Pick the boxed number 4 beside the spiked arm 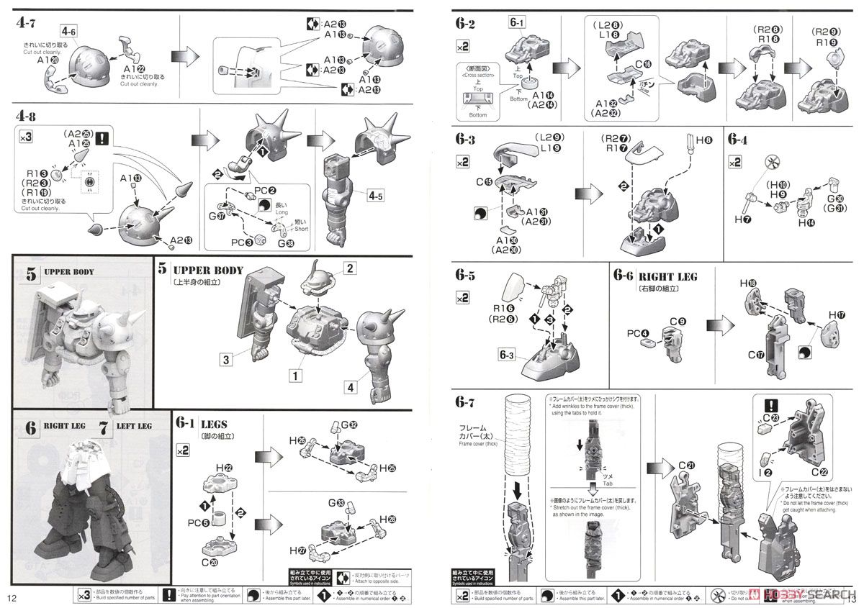coord(351,387)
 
